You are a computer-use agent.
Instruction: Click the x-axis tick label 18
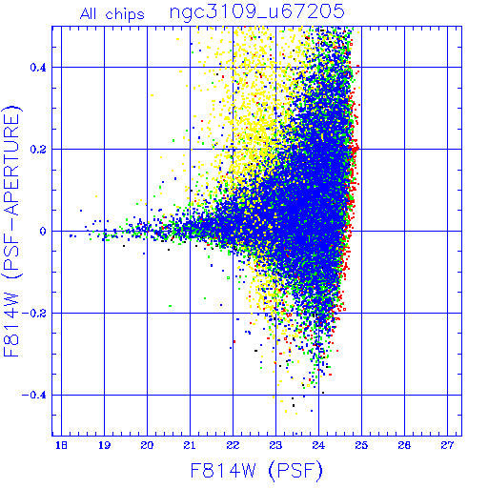click(x=61, y=445)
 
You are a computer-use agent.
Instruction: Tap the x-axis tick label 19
click(x=104, y=445)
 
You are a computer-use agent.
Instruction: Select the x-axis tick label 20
click(x=147, y=445)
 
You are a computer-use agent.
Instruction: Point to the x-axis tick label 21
click(x=190, y=445)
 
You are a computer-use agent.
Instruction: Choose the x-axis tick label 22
click(x=233, y=445)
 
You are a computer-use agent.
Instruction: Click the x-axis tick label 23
click(x=275, y=445)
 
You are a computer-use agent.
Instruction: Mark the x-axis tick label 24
click(x=318, y=445)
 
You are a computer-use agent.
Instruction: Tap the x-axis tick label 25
click(x=361, y=445)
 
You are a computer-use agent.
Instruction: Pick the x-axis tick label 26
click(x=404, y=445)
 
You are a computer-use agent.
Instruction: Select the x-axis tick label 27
click(x=447, y=445)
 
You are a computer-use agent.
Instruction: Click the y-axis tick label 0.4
click(x=38, y=68)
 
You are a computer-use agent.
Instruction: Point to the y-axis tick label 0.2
click(x=38, y=150)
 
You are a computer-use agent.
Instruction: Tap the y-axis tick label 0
click(x=43, y=232)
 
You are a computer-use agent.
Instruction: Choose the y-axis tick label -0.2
click(x=34, y=314)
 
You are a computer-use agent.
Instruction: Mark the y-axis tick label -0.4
click(x=34, y=396)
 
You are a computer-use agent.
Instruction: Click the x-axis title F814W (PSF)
click(x=256, y=471)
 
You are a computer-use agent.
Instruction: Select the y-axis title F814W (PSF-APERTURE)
click(x=11, y=231)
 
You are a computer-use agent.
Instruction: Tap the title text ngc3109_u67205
click(x=257, y=12)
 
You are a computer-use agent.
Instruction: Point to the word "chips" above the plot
click(x=125, y=15)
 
